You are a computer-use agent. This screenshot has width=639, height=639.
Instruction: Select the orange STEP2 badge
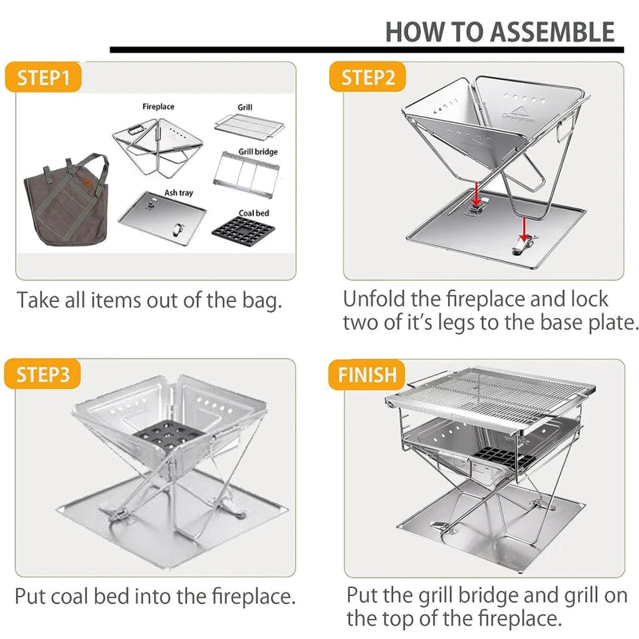click(367, 77)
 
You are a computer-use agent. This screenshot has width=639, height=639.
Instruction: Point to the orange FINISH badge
click(367, 374)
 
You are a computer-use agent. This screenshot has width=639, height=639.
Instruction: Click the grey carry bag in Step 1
click(66, 200)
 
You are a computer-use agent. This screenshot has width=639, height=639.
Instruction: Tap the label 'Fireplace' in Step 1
click(158, 106)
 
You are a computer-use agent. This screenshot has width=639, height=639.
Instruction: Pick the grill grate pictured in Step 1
click(248, 126)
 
